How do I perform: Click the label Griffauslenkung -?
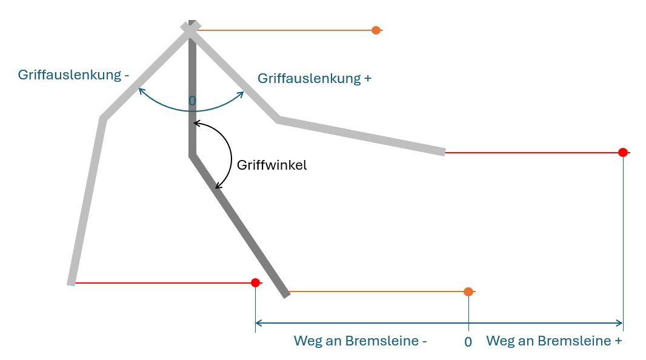pos(73,75)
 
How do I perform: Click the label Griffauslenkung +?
pos(314,78)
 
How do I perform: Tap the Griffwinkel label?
pos(271,165)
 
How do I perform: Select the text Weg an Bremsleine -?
pos(360,341)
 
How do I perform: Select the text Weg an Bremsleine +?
pos(554,341)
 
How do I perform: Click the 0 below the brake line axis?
pos(468,342)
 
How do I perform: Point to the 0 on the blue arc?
pos(192,101)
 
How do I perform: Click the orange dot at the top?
pos(376,30)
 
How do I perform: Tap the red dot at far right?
pos(622,152)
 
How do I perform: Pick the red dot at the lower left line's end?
pos(255,282)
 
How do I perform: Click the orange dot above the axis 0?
pos(468,292)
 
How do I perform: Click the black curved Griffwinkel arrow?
pos(231,156)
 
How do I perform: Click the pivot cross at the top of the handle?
pos(190,28)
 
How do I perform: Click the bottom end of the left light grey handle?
pos(72,282)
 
